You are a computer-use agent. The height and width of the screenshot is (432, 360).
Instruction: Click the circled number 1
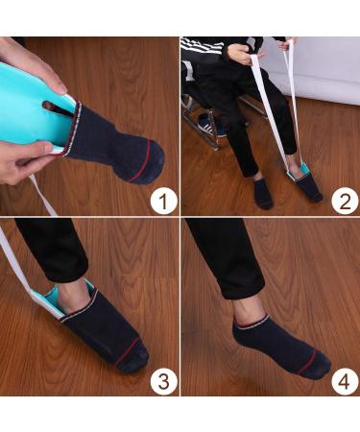[x=164, y=201]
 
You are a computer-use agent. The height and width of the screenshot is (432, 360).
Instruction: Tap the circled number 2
[x=345, y=201]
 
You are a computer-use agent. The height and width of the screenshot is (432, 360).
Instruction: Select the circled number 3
[x=164, y=381]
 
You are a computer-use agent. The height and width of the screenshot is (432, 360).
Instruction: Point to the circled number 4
[x=345, y=381]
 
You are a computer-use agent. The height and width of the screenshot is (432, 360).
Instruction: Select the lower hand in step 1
[x=29, y=161]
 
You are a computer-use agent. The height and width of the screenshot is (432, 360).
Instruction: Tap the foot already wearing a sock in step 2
[x=262, y=193]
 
